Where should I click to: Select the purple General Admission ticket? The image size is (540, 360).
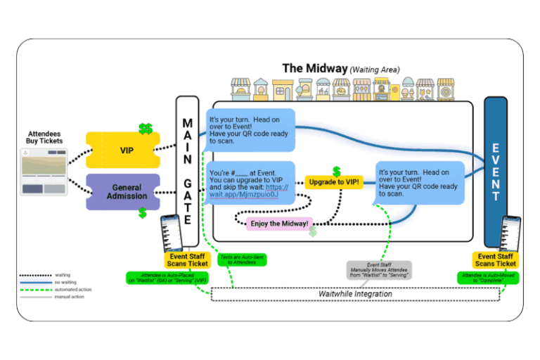coord(126,192)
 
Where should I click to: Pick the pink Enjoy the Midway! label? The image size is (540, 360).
coord(279,223)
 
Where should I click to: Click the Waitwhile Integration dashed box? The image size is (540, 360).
coord(355,294)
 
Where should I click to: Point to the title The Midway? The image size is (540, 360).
coord(315,68)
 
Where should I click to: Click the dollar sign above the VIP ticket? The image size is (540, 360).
coord(146,129)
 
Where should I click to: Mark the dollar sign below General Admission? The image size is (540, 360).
coord(142,212)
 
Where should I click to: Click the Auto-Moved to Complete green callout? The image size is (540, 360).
coord(487,278)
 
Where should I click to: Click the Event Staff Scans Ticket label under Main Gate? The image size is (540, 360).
coord(186,259)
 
